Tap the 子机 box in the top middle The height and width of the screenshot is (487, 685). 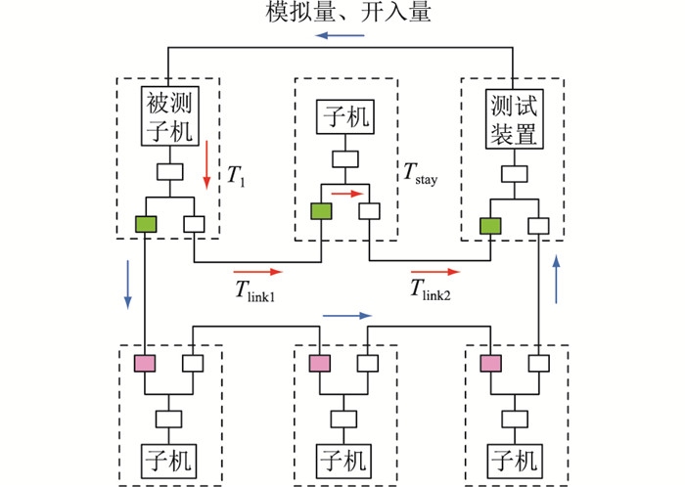343,119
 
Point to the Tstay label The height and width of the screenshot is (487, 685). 422,174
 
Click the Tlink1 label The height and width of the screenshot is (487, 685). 253,290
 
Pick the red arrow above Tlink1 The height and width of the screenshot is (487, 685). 257,271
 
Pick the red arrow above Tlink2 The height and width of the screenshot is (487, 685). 434,271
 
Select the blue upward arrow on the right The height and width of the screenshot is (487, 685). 557,280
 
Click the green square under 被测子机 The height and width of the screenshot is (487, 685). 146,225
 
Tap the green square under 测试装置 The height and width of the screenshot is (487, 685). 490,225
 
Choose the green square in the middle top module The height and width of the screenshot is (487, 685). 320,211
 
